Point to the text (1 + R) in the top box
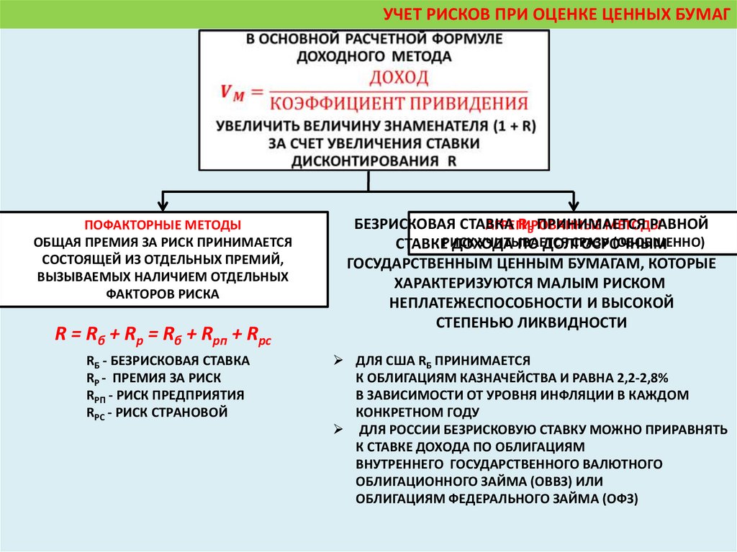pyautogui.click(x=516, y=125)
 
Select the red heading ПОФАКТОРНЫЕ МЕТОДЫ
pyautogui.click(x=163, y=225)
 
